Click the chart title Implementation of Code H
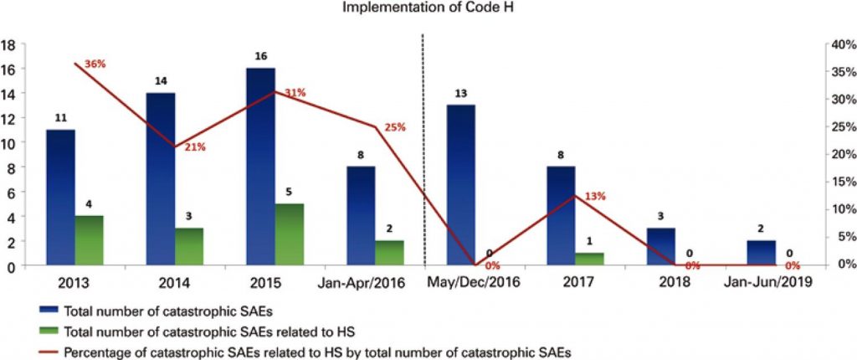[428, 10]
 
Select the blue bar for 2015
[261, 167]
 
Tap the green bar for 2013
[89, 241]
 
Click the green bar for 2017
[588, 260]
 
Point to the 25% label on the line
[395, 127]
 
